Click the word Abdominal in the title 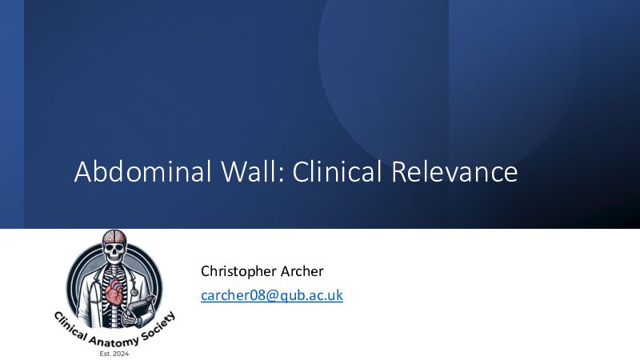pos(143,171)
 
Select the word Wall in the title pos(252,171)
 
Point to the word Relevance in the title pos(454,171)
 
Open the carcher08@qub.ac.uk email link pos(272,295)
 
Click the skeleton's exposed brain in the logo pos(114,236)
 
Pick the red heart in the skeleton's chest pos(115,293)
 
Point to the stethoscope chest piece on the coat pos(134,291)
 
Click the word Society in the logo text pos(158,326)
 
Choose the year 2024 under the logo pos(121,354)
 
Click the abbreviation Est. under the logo pos(106,354)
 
